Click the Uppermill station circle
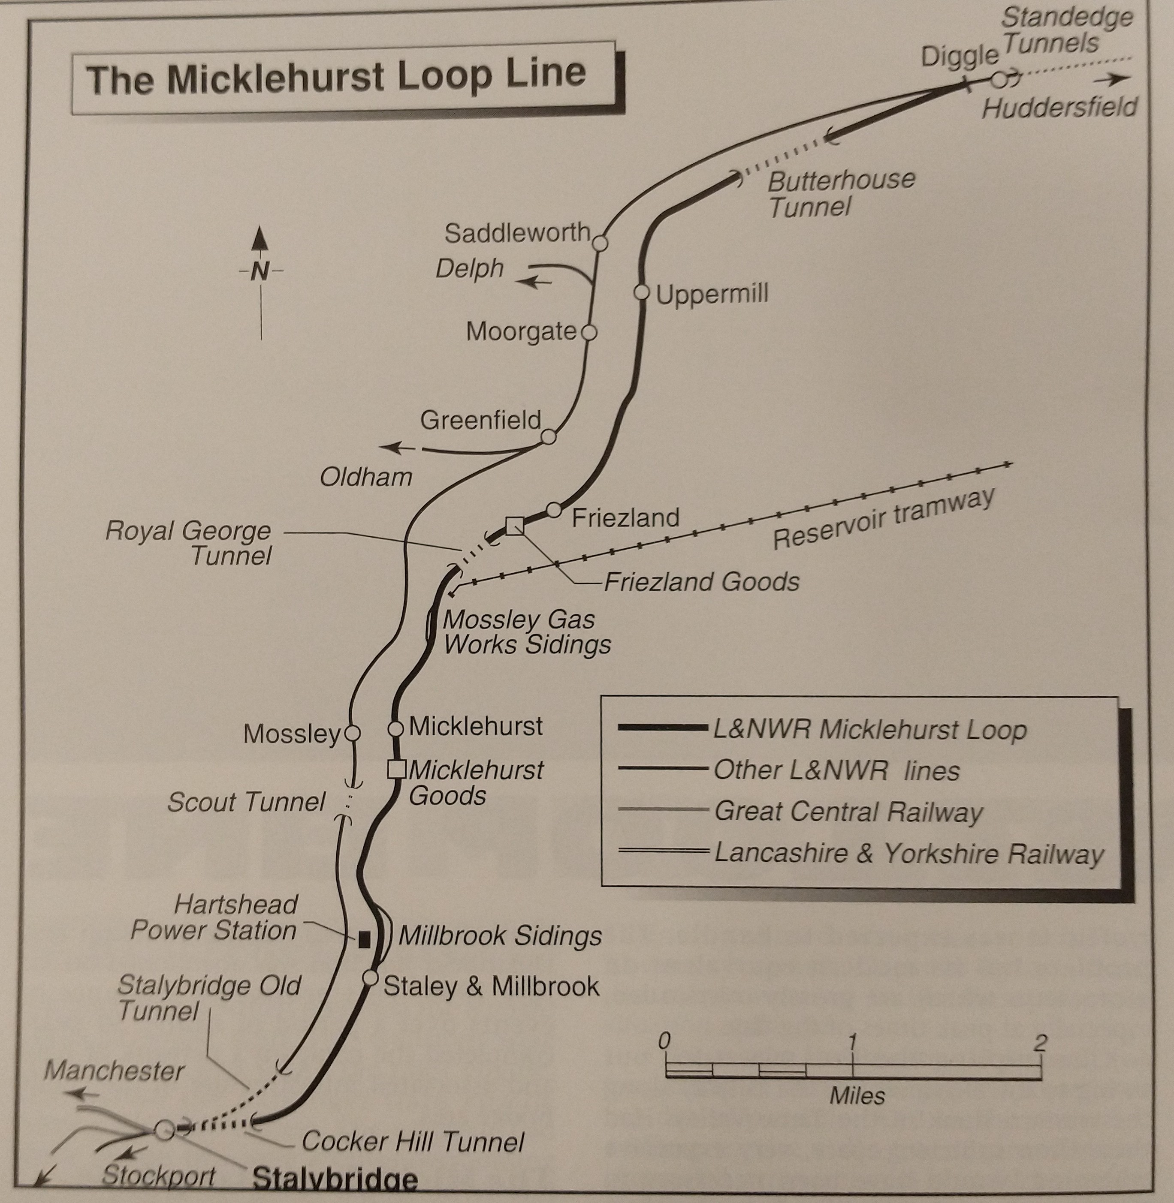click(x=641, y=292)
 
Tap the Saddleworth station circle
click(x=600, y=243)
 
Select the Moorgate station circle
click(x=589, y=333)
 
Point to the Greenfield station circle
click(x=548, y=437)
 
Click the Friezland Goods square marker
click(x=514, y=526)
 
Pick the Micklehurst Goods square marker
click(x=396, y=769)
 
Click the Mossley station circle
click(x=352, y=734)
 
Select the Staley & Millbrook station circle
click(x=370, y=978)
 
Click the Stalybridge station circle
click(x=164, y=1130)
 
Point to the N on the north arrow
click(x=260, y=271)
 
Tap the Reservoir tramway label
click(x=884, y=518)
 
